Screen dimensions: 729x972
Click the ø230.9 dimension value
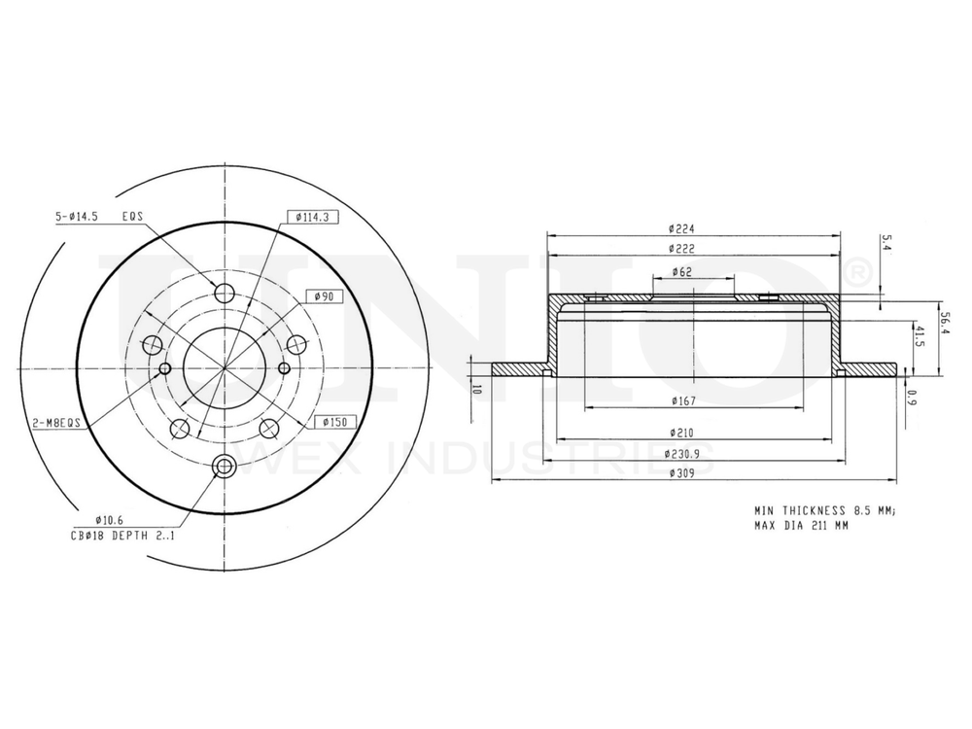pos(683,454)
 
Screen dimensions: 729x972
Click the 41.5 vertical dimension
pos(920,340)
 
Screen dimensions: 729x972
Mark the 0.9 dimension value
pos(911,397)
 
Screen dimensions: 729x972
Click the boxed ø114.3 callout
pos(312,217)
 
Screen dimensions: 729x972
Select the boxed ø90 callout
pos(323,295)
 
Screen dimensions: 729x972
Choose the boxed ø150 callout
pos(335,421)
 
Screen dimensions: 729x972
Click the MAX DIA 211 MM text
pos(801,526)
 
